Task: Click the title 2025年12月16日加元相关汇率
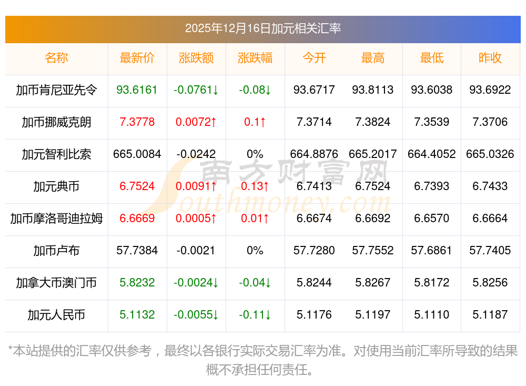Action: pyautogui.click(x=262, y=28)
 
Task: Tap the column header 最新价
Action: pyautogui.click(x=137, y=58)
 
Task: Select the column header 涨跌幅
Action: pyautogui.click(x=255, y=58)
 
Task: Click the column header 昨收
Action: pyautogui.click(x=490, y=58)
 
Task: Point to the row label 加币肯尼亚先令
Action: pyautogui.click(x=56, y=90)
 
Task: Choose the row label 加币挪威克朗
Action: pyautogui.click(x=56, y=122)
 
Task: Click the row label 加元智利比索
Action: pyautogui.click(x=56, y=154)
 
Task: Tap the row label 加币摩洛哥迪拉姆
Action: pyautogui.click(x=56, y=219)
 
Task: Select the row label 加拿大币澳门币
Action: pyautogui.click(x=56, y=283)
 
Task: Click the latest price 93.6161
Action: pyautogui.click(x=137, y=90)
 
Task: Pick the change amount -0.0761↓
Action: pyautogui.click(x=196, y=90)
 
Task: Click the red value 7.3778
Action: pyautogui.click(x=137, y=122)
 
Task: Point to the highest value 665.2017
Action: pyautogui.click(x=373, y=154)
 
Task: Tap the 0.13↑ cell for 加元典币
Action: pyautogui.click(x=255, y=186)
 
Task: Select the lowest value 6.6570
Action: pyautogui.click(x=432, y=219)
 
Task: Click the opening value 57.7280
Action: pyautogui.click(x=314, y=251)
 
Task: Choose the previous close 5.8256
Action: pyautogui.click(x=490, y=283)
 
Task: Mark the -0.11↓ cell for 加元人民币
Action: pyautogui.click(x=255, y=315)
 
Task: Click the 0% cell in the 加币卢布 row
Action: pyautogui.click(x=255, y=251)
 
